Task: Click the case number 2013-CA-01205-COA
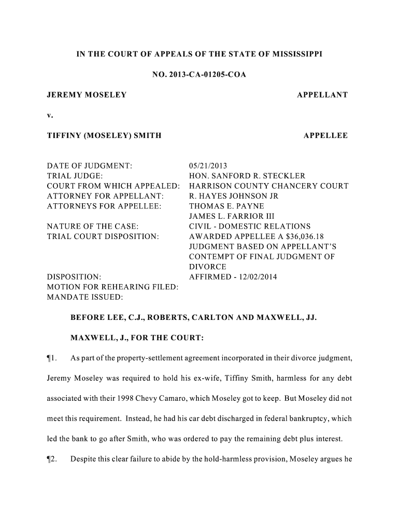click(x=209, y=75)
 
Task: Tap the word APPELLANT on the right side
click(x=322, y=95)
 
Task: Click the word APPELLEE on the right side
click(x=325, y=135)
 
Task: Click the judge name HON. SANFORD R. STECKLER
click(x=247, y=176)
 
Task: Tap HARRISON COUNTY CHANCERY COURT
click(x=268, y=186)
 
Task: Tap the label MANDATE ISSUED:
click(x=85, y=297)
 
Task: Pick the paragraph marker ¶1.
click(x=52, y=358)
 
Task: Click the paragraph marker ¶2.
click(x=52, y=459)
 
